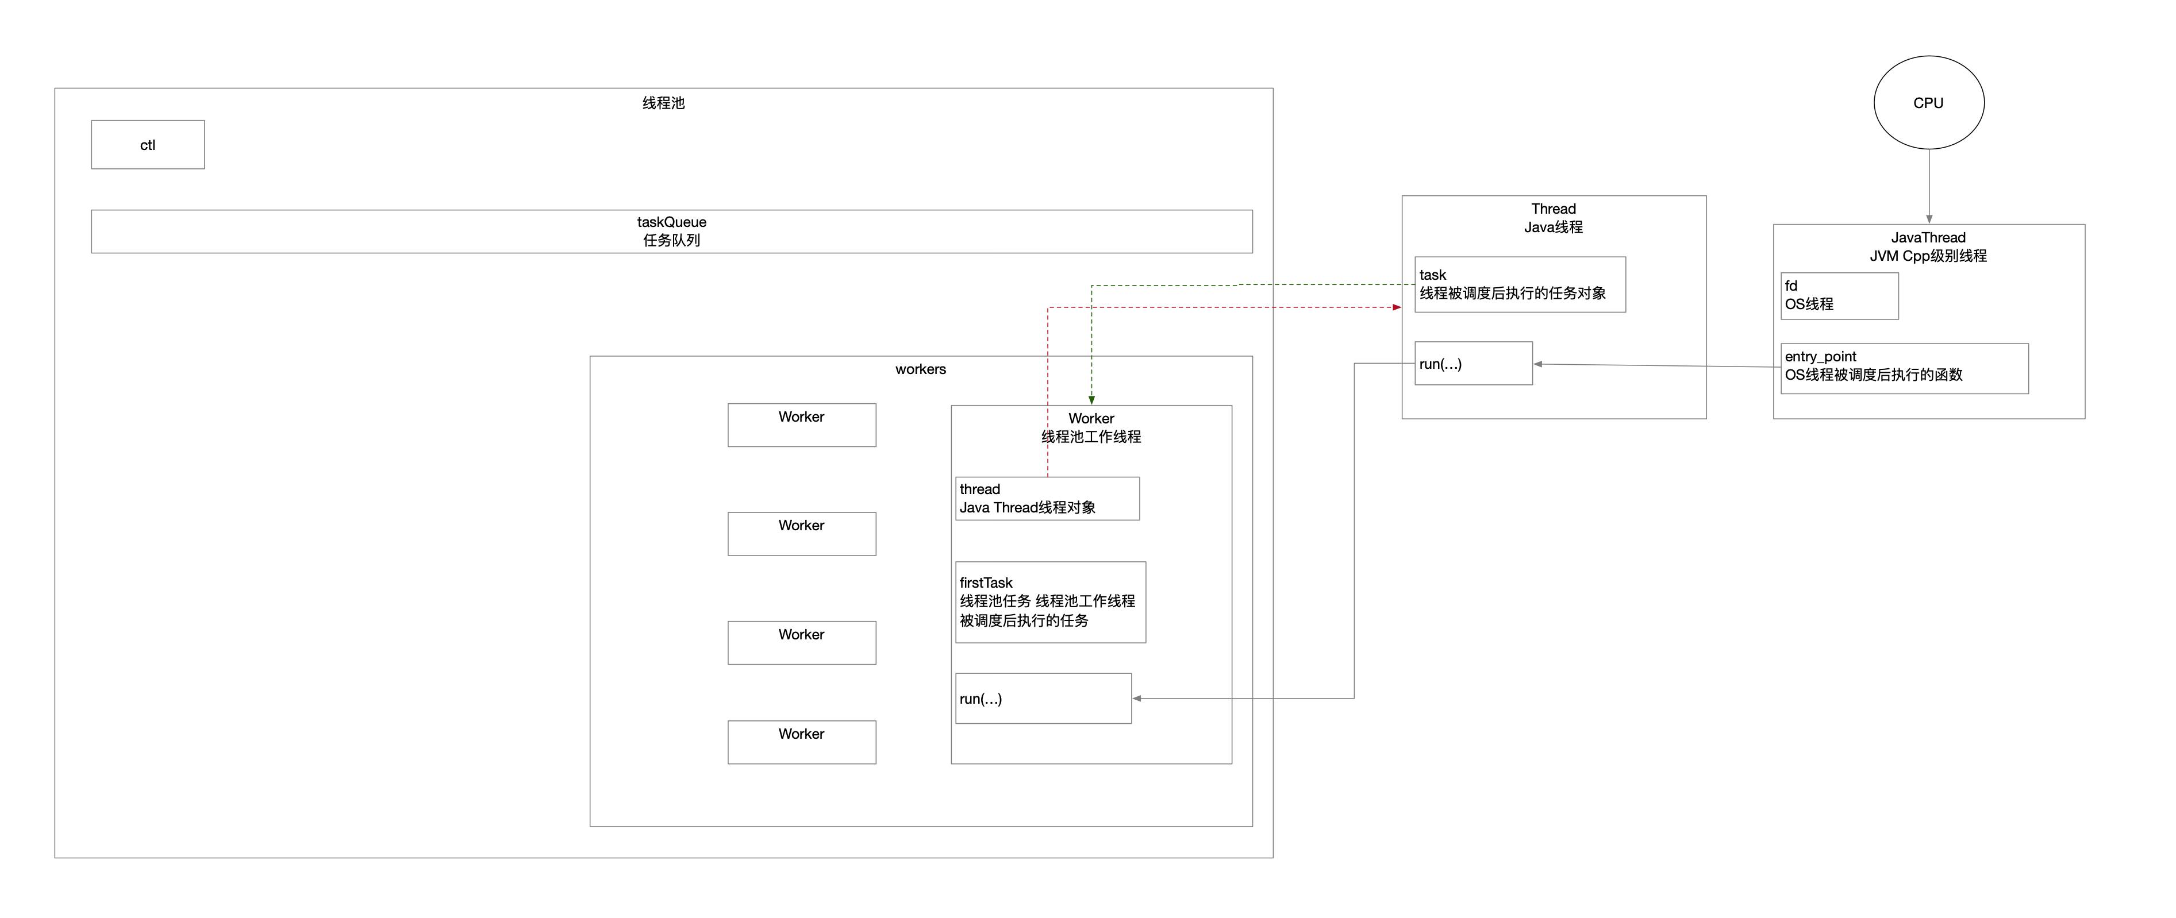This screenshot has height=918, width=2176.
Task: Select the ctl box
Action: click(x=148, y=144)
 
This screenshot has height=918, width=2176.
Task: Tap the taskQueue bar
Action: click(x=671, y=232)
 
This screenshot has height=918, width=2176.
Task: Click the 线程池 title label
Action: click(x=664, y=103)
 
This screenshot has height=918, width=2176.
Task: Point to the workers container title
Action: click(x=921, y=369)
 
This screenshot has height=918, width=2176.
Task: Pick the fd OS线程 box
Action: click(x=1839, y=296)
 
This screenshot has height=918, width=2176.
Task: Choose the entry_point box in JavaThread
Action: click(x=1904, y=368)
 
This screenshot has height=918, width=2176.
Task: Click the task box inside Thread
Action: click(x=1520, y=284)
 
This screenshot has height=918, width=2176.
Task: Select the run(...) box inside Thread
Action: click(x=1473, y=363)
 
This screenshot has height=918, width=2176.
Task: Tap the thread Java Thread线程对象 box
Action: click(x=1047, y=498)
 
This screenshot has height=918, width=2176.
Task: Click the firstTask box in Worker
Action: click(x=1051, y=602)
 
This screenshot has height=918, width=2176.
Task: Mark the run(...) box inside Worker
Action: click(x=1043, y=699)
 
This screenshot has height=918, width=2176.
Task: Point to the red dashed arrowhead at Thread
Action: click(x=1397, y=307)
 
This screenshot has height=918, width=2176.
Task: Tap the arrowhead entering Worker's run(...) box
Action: click(x=1137, y=699)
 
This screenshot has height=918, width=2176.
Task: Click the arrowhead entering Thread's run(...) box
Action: click(x=1538, y=364)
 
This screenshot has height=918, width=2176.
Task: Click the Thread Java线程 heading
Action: click(x=1554, y=218)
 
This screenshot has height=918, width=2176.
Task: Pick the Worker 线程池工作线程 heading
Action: click(x=1091, y=427)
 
